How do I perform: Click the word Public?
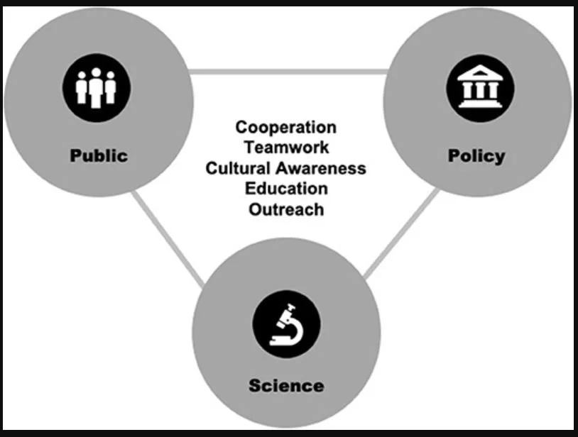tap(98, 155)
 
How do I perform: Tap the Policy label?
tap(476, 155)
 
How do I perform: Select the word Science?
tap(286, 386)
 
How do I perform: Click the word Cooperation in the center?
tap(285, 127)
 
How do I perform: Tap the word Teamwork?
tap(285, 148)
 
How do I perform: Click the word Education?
tap(285, 189)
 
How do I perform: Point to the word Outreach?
tap(285, 209)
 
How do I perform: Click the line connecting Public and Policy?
tap(288, 71)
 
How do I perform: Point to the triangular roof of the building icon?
tap(476, 74)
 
